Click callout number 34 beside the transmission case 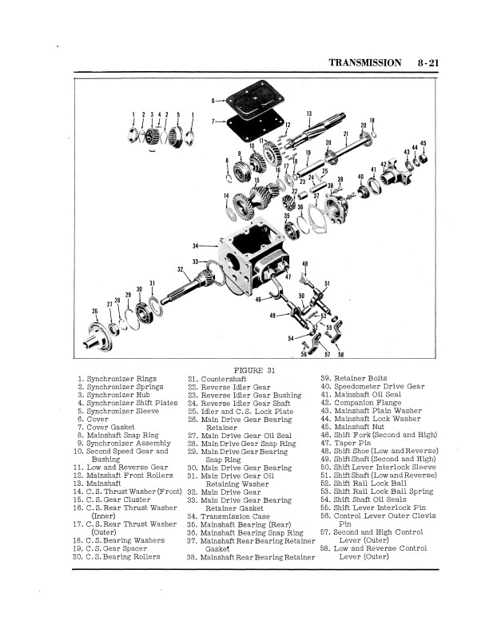click(x=195, y=245)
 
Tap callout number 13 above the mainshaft click(x=309, y=113)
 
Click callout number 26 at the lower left click(x=95, y=310)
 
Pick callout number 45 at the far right click(x=423, y=144)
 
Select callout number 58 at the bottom click(x=340, y=354)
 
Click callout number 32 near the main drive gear click(x=181, y=269)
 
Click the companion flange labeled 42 click(x=389, y=170)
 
